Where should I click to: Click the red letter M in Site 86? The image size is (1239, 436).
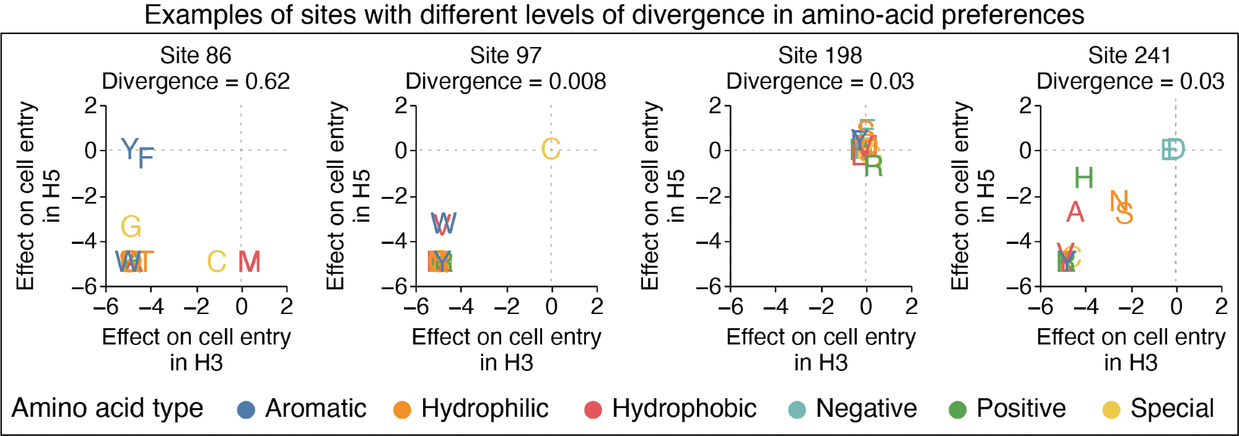coord(249,262)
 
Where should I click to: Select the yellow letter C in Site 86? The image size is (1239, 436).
coord(216,262)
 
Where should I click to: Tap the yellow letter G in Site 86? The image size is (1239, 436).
coord(131,227)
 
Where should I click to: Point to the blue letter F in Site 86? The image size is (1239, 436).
coord(146,159)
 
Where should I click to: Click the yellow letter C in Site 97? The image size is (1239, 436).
coord(551,149)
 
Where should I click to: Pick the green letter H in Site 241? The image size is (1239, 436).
coord(1084,178)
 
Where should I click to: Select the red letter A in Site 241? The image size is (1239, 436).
coord(1075,212)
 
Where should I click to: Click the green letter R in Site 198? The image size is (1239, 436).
coord(873,166)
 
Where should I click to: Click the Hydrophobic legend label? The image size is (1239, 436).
coord(684,409)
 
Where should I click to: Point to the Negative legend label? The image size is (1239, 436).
coord(866,409)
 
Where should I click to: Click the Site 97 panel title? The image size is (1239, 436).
coord(506,56)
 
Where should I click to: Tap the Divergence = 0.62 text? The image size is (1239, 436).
coord(196,81)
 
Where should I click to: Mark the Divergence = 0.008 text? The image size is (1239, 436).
coord(506,81)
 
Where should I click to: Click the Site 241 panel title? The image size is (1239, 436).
coord(1129,56)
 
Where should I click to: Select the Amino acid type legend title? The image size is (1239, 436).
coord(107,409)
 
